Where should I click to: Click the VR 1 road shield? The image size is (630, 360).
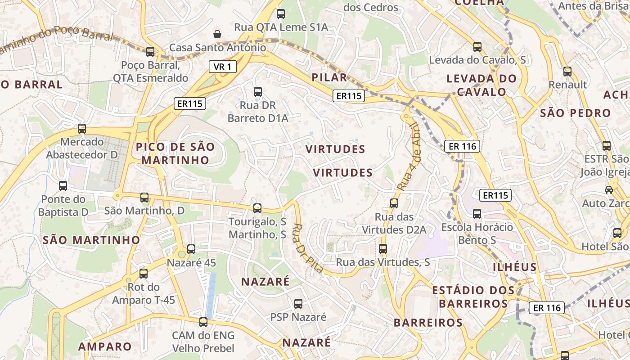click(x=223, y=67)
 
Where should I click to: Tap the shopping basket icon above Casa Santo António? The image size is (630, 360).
click(x=217, y=34)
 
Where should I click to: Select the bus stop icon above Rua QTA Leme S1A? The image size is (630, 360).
click(x=281, y=14)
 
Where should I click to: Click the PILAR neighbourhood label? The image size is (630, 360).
click(x=330, y=77)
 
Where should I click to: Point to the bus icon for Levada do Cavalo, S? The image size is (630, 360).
click(x=477, y=46)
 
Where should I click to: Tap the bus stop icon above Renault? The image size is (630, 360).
click(x=567, y=71)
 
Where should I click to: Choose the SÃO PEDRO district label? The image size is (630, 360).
click(x=576, y=112)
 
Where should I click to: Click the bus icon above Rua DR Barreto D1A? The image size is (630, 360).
click(x=258, y=92)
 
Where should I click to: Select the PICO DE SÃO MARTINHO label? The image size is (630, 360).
click(x=175, y=153)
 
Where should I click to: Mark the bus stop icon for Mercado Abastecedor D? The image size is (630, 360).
click(x=82, y=129)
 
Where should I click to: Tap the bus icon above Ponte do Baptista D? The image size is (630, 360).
click(x=63, y=185)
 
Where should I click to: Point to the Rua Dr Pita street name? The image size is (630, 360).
click(x=308, y=248)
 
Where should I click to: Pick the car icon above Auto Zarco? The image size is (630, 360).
click(x=608, y=190)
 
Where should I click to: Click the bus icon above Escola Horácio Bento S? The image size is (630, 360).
click(x=477, y=213)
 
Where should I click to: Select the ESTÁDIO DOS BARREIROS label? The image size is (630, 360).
click(x=473, y=297)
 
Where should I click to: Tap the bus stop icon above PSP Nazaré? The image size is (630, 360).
click(x=298, y=304)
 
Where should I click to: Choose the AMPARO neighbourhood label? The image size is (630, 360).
click(x=105, y=346)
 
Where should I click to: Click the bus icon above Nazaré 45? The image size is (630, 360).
click(x=191, y=249)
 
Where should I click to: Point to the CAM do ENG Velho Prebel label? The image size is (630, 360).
click(x=203, y=342)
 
